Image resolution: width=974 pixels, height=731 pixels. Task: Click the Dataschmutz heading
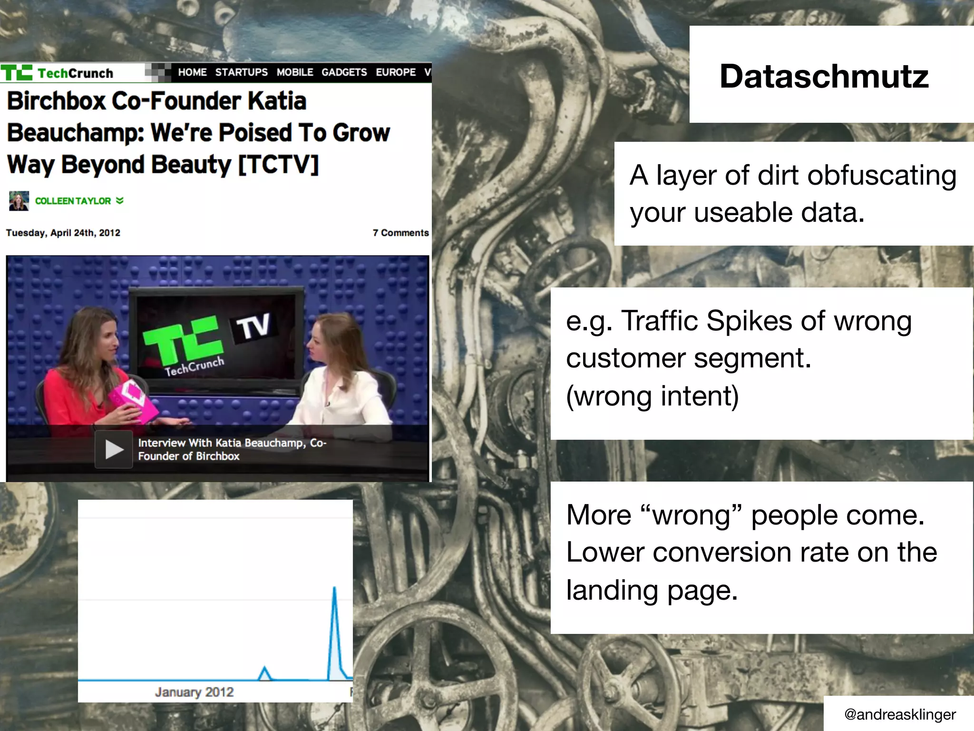(x=824, y=76)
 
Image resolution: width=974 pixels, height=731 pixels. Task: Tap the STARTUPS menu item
(x=241, y=72)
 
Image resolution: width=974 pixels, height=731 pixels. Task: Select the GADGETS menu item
(x=344, y=72)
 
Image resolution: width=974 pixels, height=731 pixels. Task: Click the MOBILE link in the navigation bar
(x=295, y=72)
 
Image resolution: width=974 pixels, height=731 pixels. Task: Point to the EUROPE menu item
(x=396, y=72)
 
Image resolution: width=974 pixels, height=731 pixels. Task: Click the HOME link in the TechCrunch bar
(x=192, y=72)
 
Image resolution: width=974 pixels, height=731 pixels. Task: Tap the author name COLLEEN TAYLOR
(x=73, y=201)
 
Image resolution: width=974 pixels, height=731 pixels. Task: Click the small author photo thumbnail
(x=19, y=201)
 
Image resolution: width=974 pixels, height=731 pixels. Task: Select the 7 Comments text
(x=400, y=233)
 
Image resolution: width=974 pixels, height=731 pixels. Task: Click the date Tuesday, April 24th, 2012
(x=63, y=233)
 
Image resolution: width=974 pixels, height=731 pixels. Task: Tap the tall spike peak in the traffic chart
(x=334, y=589)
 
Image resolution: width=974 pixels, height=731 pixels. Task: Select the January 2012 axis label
(x=194, y=692)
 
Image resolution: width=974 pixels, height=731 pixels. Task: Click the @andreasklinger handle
(x=899, y=714)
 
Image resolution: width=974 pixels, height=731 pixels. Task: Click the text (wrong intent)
(x=652, y=396)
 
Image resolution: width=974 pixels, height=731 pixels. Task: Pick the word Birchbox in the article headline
(x=56, y=101)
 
